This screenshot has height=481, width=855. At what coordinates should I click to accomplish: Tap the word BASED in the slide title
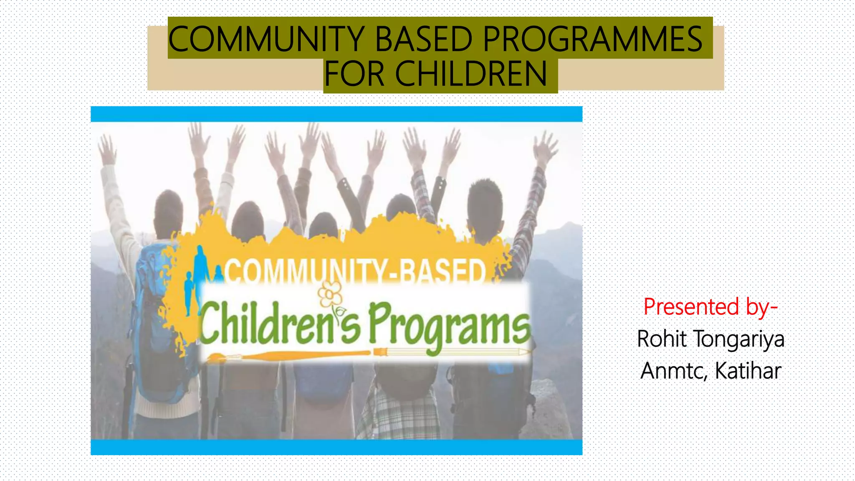(423, 38)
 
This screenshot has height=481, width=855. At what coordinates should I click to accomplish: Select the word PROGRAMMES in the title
(593, 38)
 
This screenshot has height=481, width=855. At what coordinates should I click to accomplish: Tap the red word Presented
(691, 307)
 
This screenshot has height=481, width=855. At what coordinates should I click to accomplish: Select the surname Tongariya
(739, 339)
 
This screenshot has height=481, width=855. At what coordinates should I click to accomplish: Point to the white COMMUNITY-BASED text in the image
(355, 271)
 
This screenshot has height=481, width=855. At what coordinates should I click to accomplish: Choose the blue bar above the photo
(336, 114)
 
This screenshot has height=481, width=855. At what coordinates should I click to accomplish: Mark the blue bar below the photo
(336, 447)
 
